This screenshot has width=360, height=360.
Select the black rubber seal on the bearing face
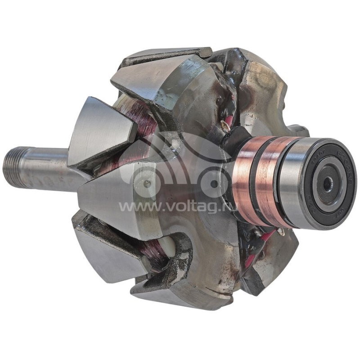(335, 171)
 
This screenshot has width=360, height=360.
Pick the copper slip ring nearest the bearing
(270, 180)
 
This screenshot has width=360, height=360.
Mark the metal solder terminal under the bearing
(280, 231)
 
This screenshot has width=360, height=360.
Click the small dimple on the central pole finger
(147, 184)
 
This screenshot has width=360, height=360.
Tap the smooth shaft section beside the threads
(49, 166)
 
